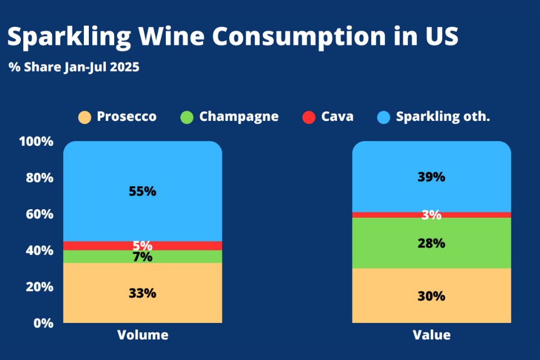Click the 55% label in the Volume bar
[142, 191]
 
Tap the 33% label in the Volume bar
[142, 293]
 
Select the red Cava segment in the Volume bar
[90, 246]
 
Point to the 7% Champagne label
[142, 257]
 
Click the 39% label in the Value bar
[431, 177]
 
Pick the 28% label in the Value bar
[431, 244]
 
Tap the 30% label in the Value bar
[431, 296]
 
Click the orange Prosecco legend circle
[84, 117]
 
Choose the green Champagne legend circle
[187, 117]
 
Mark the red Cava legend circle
[309, 117]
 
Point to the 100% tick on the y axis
[36, 141]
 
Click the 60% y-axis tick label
[39, 214]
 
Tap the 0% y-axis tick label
[43, 323]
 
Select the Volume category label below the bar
[142, 335]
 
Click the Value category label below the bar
[431, 335]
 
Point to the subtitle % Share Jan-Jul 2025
[74, 67]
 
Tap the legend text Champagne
[238, 116]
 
